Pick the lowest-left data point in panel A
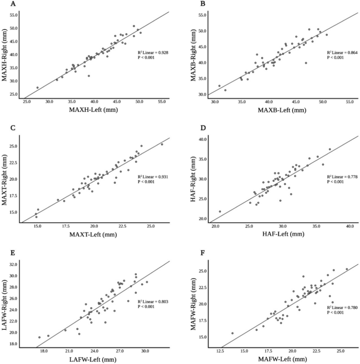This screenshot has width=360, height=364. coord(37,88)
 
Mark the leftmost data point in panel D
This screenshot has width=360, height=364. coord(220,212)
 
